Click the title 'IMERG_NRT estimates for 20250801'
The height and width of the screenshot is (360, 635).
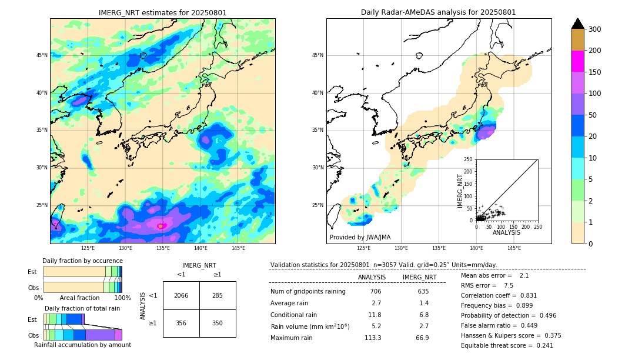click(x=162, y=12)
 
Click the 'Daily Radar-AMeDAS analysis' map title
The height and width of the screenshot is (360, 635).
click(x=438, y=12)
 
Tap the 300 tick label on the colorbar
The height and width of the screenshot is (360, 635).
click(x=595, y=29)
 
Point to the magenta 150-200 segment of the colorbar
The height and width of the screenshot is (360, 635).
click(x=578, y=61)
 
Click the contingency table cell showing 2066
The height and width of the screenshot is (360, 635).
click(x=181, y=295)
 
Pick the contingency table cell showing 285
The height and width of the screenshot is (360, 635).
click(x=218, y=295)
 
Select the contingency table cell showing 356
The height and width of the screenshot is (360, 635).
click(x=181, y=323)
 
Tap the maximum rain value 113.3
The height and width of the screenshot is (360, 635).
click(x=372, y=338)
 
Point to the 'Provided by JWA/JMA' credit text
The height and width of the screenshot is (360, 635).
click(x=360, y=237)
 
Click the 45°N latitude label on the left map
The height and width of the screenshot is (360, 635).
click(x=42, y=55)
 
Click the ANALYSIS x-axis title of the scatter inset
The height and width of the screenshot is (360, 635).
click(x=506, y=232)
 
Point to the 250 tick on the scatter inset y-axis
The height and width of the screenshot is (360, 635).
click(x=469, y=159)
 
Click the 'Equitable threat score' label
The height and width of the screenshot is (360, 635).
click(x=497, y=345)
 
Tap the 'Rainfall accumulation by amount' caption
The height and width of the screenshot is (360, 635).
click(x=82, y=345)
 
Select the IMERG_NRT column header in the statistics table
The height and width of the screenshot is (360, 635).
click(x=419, y=277)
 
